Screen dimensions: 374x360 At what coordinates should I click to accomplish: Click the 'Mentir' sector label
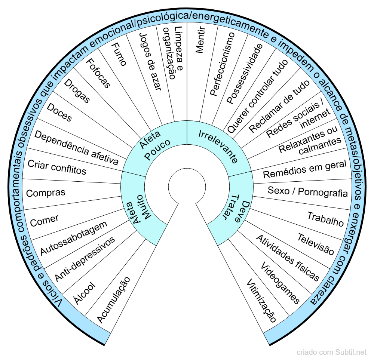(200, 40)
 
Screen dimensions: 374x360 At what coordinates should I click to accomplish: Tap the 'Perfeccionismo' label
(222, 64)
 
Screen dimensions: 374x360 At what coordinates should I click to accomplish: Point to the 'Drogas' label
(77, 91)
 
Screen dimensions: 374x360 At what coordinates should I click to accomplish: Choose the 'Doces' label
(59, 113)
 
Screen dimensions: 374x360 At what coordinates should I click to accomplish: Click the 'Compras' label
(46, 193)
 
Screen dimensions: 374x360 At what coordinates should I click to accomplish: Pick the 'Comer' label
(45, 221)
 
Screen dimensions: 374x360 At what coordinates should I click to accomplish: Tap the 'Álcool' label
(85, 293)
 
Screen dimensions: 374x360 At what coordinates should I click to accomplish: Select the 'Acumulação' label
(114, 300)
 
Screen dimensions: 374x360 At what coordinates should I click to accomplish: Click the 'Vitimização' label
(261, 301)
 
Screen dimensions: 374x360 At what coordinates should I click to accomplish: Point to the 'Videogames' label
(280, 283)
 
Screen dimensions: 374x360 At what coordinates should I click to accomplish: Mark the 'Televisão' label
(316, 244)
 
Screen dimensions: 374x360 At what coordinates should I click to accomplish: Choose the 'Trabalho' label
(325, 219)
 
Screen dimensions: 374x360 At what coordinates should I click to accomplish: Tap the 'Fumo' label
(119, 54)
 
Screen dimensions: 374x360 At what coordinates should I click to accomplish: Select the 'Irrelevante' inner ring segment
(218, 146)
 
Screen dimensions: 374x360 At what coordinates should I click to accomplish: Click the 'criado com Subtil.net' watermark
(331, 352)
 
